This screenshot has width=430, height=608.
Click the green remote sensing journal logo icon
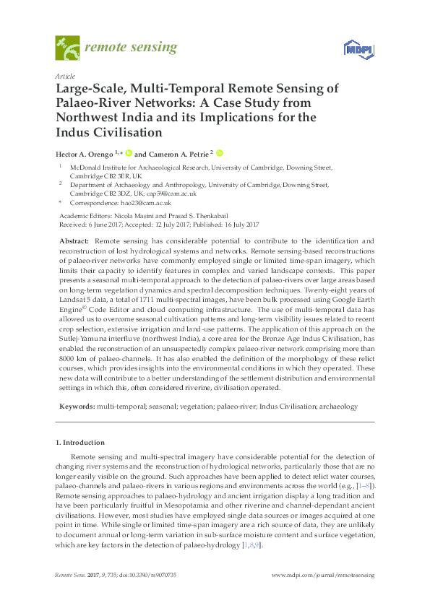[x=66, y=49]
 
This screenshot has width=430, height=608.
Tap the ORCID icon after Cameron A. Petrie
[x=220, y=153]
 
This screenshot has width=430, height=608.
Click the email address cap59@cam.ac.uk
[x=172, y=194]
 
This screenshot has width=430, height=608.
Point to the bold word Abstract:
[x=74, y=239]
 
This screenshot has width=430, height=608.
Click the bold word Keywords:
[x=75, y=407]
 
